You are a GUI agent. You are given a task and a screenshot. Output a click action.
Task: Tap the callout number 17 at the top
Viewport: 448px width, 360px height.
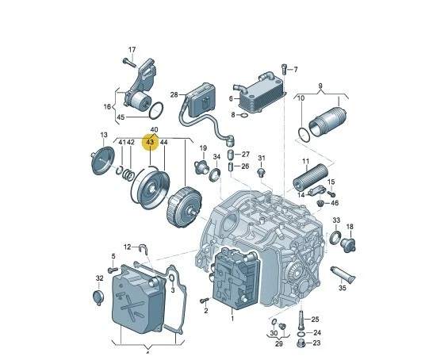click(132, 50)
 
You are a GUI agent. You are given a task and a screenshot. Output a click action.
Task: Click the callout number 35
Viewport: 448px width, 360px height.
click(342, 289)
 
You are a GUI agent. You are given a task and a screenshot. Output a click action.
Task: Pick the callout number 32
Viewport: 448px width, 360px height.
click(99, 278)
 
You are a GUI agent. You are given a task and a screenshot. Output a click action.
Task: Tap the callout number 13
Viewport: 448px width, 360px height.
click(103, 136)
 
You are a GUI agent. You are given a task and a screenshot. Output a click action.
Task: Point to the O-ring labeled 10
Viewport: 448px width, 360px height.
click(301, 129)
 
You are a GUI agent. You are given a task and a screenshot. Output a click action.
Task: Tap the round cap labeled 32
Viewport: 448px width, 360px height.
click(99, 297)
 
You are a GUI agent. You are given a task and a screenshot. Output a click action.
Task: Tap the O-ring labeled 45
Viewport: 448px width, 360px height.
click(155, 110)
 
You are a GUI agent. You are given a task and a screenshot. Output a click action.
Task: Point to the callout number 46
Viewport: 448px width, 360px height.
click(334, 203)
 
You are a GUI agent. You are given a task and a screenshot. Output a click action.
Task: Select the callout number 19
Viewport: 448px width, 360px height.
click(203, 148)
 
